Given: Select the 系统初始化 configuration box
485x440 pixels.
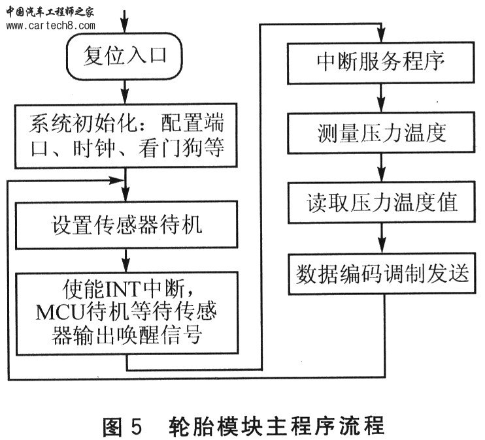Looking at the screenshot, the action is [126, 136].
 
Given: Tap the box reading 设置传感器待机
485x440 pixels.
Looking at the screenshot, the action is [127, 225].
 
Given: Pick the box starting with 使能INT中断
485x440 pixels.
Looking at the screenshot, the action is [127, 313].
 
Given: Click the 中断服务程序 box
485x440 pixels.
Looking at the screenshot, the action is [381, 63].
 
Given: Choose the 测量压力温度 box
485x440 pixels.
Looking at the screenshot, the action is [381, 133].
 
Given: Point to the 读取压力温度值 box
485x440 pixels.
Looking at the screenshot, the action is [382, 202].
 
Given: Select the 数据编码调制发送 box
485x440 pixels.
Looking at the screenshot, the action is [382, 274].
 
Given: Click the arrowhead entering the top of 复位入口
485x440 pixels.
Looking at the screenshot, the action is [124, 26].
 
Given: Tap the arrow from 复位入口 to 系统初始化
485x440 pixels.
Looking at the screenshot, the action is [125, 92].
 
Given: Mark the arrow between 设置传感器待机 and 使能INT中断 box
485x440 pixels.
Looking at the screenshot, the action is [126, 260].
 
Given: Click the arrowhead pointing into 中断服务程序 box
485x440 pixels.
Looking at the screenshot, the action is [382, 35].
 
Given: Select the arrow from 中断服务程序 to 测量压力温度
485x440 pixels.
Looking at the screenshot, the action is [381, 98].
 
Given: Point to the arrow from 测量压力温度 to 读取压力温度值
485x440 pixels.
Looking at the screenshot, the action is [382, 168].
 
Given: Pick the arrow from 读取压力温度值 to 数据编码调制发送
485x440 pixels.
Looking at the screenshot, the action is [382, 238].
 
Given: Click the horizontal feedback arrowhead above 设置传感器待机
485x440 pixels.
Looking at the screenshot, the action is [117, 180].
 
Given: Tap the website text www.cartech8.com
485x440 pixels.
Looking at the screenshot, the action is [51, 25].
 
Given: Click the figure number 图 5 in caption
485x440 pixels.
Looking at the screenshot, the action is [122, 427].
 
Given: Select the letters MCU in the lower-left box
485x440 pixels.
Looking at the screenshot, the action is [60, 312].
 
